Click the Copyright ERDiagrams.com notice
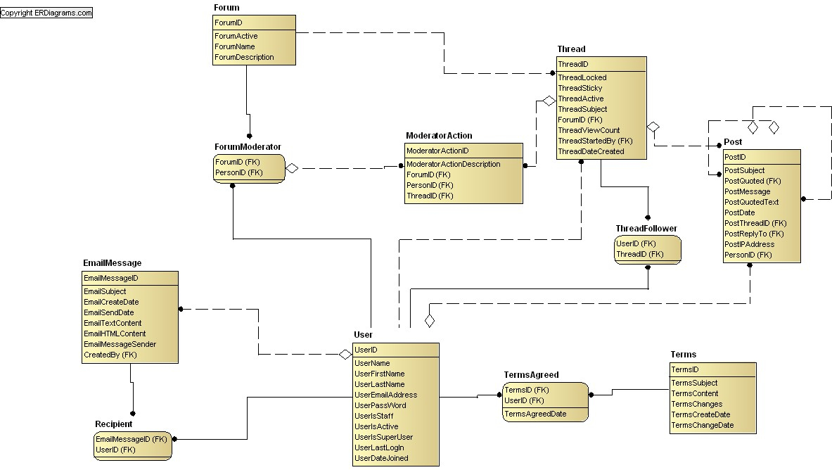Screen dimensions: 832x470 click(x=46, y=13)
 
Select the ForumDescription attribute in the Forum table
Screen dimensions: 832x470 click(x=244, y=58)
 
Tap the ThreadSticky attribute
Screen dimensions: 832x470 click(x=580, y=88)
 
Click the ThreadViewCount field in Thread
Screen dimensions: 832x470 click(x=589, y=131)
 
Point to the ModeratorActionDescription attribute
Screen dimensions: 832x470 click(x=453, y=165)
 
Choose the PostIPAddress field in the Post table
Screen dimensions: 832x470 click(x=749, y=245)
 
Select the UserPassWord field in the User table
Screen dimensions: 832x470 click(x=380, y=406)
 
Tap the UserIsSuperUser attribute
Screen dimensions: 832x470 click(x=383, y=438)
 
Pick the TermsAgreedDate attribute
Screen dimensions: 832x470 click(x=535, y=414)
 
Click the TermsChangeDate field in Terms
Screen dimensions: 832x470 click(x=703, y=426)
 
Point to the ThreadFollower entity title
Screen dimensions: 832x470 click(x=646, y=229)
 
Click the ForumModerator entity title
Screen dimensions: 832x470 click(x=248, y=147)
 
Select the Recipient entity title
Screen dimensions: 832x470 click(x=113, y=424)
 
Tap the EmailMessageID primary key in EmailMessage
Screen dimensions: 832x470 click(x=111, y=279)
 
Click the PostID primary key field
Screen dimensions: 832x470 click(x=735, y=157)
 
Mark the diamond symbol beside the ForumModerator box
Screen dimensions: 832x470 click(x=292, y=168)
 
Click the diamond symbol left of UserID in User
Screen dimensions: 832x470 click(x=345, y=354)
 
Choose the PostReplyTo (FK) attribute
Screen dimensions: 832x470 click(x=754, y=234)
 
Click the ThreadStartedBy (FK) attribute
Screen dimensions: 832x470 click(x=596, y=141)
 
